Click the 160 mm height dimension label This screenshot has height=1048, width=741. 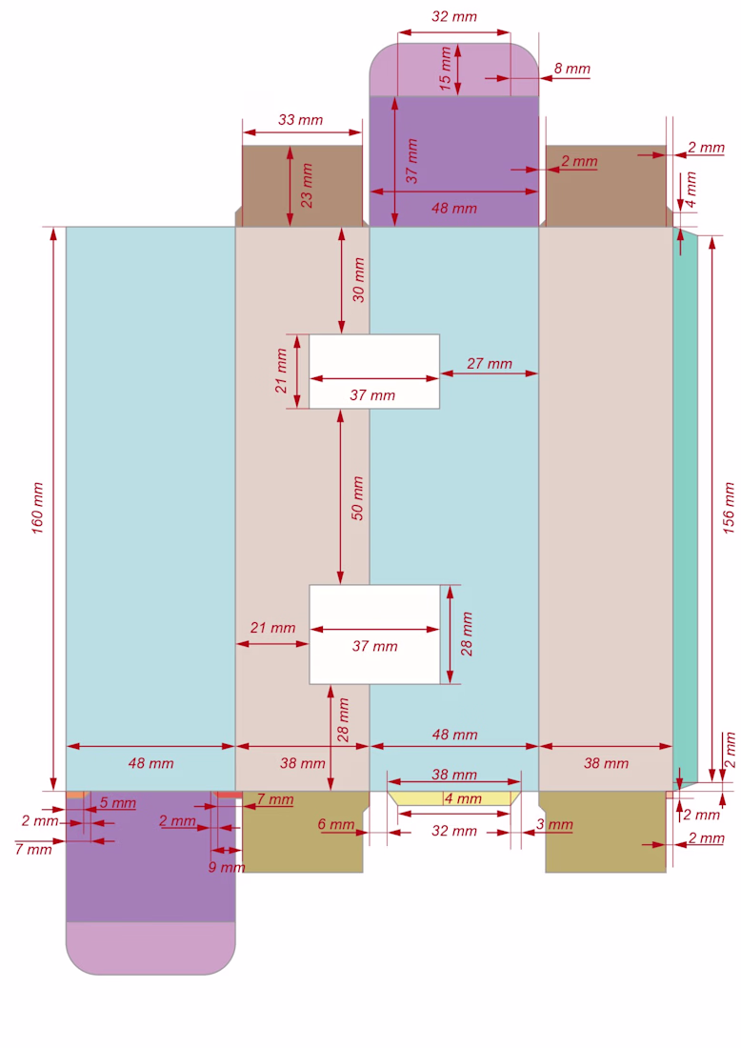[37, 508]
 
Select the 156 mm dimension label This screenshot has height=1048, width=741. [729, 508]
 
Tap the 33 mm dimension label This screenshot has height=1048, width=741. [301, 120]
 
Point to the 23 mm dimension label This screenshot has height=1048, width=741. [307, 185]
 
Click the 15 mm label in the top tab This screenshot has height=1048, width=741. [445, 69]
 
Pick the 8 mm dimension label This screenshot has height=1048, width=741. [572, 69]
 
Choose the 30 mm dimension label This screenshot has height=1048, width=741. [359, 280]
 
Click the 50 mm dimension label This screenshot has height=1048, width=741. [357, 498]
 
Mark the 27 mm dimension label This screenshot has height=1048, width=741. [490, 364]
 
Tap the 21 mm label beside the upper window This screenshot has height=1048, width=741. [281, 371]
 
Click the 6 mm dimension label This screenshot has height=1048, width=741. [336, 824]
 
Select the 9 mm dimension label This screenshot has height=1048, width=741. [227, 867]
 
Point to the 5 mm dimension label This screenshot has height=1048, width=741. [117, 803]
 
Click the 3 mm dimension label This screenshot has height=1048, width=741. [554, 824]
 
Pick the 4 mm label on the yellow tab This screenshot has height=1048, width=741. [463, 798]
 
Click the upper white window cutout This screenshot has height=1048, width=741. [374, 371]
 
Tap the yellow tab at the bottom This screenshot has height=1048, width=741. [454, 798]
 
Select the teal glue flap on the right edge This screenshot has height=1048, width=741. [686, 508]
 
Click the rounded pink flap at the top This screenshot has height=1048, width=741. [454, 70]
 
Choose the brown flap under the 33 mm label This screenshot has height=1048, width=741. [302, 186]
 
